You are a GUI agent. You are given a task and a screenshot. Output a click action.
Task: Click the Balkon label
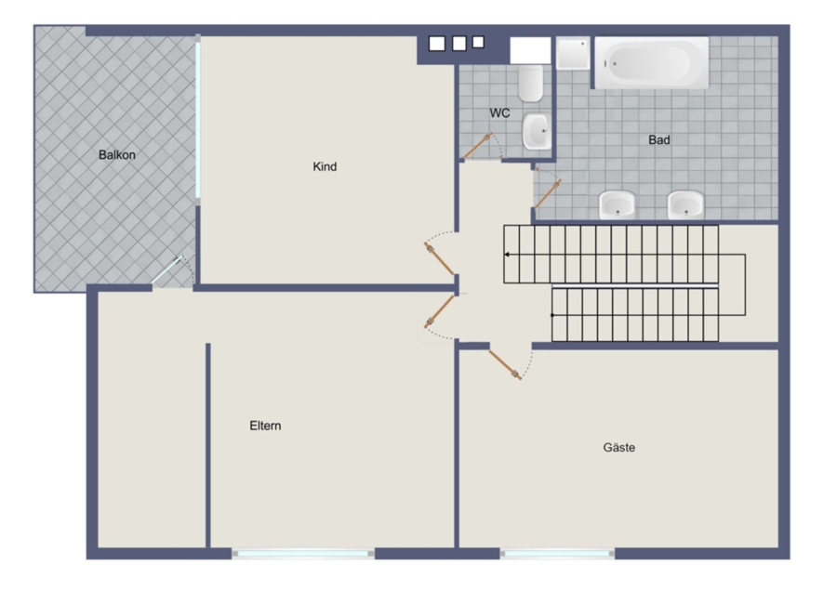pos(117,155)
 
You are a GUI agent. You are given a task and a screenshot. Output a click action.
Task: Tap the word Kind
pos(325,167)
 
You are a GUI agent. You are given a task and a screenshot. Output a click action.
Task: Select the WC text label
pos(499,113)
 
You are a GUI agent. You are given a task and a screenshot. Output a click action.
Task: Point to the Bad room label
pos(659,140)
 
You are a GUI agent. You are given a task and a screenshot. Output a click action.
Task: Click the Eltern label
pos(265,426)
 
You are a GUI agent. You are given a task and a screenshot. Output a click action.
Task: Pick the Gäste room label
pos(619,448)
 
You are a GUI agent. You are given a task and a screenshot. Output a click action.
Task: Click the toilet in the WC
pos(531,84)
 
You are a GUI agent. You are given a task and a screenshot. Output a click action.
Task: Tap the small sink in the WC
pos(537,131)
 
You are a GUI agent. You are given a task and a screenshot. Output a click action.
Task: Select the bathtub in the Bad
pos(652,63)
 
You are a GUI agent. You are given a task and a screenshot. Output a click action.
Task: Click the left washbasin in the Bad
pos(618,205)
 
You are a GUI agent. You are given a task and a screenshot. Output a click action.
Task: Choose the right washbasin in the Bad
pos(685,205)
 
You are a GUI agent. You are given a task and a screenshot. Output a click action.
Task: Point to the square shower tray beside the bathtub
pos(573,53)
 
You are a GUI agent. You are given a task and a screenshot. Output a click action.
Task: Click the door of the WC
pos(477,147)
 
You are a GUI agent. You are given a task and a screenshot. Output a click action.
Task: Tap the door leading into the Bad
pos(548,193)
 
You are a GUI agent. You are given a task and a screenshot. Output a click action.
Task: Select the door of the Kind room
pos(439,258)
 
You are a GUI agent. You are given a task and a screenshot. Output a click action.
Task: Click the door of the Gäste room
pos(505,365)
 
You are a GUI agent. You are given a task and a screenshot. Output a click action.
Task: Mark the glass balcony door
pos(166,269)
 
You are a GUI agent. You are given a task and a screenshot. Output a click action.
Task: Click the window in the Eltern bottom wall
pos(303,554)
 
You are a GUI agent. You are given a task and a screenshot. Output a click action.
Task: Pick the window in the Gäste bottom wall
pos(557,554)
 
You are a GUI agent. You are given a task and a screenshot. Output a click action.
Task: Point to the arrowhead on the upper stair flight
pos(507,255)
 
